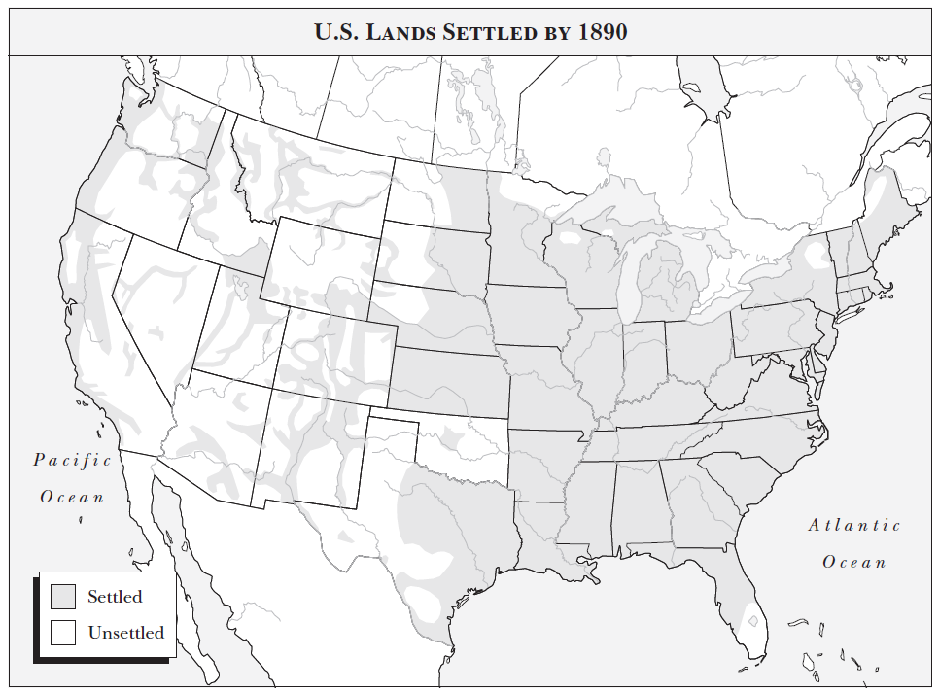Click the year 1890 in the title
pyautogui.click(x=602, y=31)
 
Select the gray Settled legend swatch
pyautogui.click(x=63, y=597)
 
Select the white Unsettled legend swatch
pyautogui.click(x=63, y=633)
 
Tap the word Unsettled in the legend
pyautogui.click(x=125, y=633)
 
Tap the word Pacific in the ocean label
pyautogui.click(x=72, y=460)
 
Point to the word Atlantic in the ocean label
pyautogui.click(x=854, y=525)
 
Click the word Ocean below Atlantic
pyautogui.click(x=854, y=562)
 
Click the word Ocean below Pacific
pyautogui.click(x=72, y=497)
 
